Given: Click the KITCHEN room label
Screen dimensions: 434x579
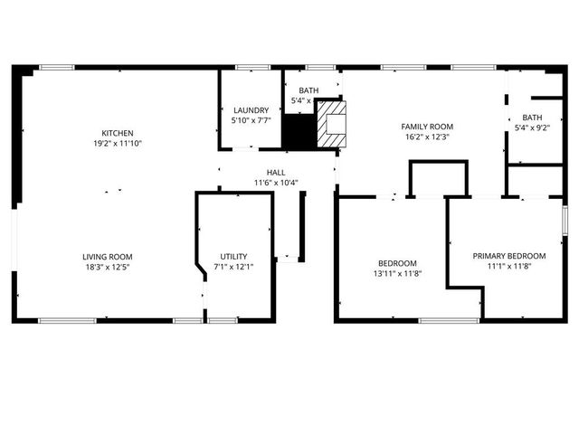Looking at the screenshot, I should (118, 133).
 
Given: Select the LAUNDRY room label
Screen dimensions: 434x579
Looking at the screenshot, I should (251, 110).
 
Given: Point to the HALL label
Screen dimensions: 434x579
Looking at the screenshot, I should (276, 172).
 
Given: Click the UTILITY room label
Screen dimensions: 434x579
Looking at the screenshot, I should (233, 257).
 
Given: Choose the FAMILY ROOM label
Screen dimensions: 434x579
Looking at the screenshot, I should (427, 127).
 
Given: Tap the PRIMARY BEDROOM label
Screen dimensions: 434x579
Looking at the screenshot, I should (509, 256).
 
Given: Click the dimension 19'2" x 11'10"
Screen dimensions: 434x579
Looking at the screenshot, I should (118, 143).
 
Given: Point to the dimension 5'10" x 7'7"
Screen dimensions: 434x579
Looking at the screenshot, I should (251, 120).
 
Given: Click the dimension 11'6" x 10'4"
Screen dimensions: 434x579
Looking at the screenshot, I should (276, 183).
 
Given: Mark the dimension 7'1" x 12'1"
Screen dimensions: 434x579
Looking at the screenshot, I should (233, 267).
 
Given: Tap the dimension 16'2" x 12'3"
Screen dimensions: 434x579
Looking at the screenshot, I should (427, 137).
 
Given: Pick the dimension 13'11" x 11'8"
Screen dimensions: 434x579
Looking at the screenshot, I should (397, 273).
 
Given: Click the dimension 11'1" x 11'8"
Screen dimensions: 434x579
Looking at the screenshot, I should (509, 267).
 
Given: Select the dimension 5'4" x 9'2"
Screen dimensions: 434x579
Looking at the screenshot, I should (532, 127).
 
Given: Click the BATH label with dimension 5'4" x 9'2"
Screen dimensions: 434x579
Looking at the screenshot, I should (532, 118).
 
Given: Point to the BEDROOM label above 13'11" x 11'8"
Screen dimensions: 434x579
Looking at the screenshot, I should (397, 263).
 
